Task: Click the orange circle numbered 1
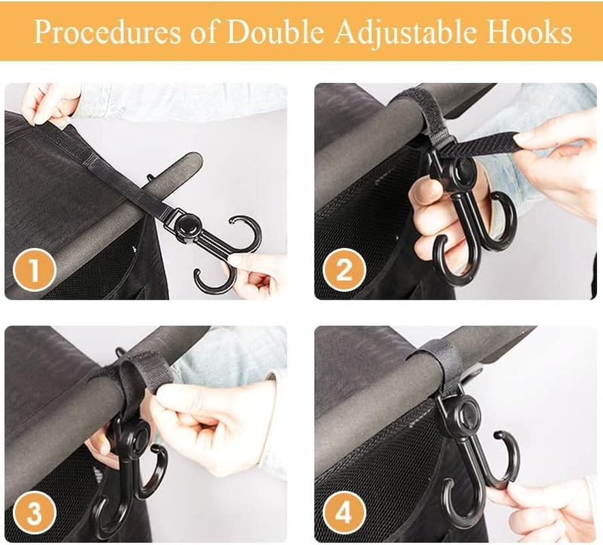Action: pyautogui.click(x=33, y=270)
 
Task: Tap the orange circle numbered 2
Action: pyautogui.click(x=343, y=270)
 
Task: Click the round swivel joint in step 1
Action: pyautogui.click(x=188, y=225)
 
